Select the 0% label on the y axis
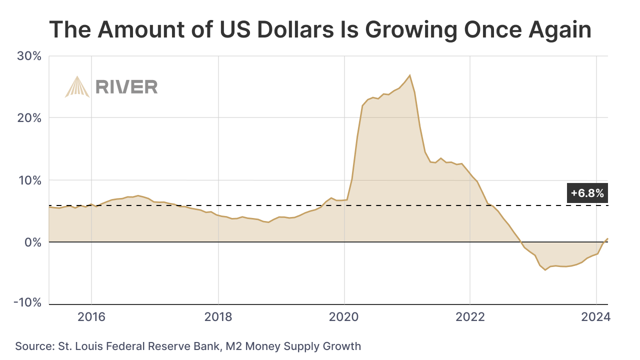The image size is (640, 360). click(33, 242)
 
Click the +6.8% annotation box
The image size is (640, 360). click(587, 193)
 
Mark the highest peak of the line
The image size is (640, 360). click(410, 75)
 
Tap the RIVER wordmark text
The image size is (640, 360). click(126, 87)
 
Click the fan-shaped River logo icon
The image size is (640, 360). click(77, 87)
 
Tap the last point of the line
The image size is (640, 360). click(607, 238)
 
